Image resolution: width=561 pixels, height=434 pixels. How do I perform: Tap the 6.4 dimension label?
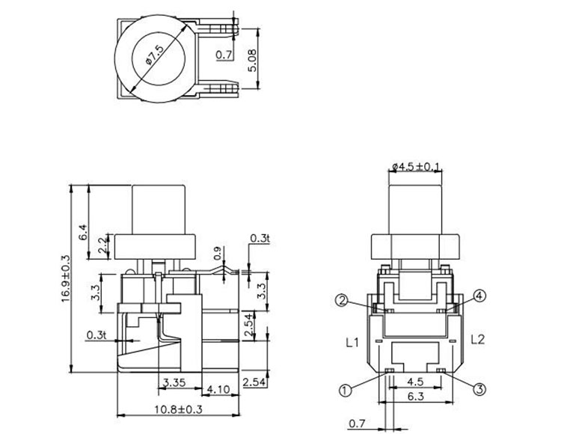point(83,232)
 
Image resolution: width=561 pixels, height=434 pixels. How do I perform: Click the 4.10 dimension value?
point(218,389)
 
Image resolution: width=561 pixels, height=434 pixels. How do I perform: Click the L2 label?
point(479,339)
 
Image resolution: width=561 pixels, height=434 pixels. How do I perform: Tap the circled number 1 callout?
point(345,389)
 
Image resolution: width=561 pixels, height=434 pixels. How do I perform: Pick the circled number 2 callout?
point(341,301)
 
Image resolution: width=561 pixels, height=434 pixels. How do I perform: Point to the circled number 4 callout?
point(479,296)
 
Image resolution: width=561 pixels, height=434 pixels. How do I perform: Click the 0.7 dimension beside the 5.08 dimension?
point(223,55)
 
